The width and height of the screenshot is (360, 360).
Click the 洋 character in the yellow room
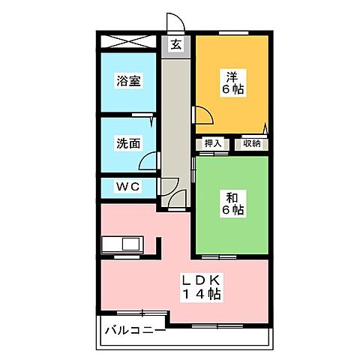coord(232,76)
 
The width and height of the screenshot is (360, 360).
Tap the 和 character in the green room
coord(232,197)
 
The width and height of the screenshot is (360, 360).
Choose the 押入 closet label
coord(213,143)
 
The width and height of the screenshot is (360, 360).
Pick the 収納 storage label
coord(251,143)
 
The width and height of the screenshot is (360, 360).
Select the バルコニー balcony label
coord(134,328)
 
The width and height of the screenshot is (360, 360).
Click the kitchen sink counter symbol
coord(121,245)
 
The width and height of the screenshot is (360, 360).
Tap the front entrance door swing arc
coord(175,22)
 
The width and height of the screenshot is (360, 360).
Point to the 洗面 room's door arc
coord(151,160)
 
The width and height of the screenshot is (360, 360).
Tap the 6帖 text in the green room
coord(232,211)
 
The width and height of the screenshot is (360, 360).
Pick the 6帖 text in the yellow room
coord(232,89)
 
